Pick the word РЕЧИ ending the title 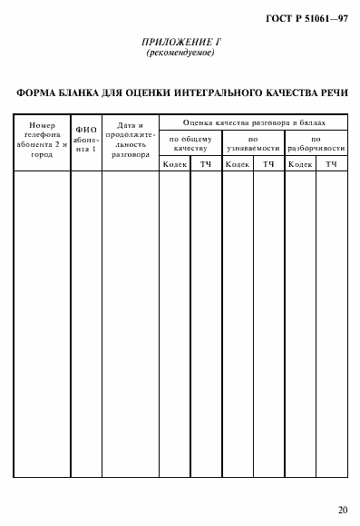(x=329, y=93)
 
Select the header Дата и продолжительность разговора (x=130, y=141)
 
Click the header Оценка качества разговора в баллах (x=253, y=122)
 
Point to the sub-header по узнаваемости (x=253, y=142)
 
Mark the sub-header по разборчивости (x=315, y=142)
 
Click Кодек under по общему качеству (x=175, y=164)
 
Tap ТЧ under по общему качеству (x=206, y=164)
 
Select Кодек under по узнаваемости (x=238, y=164)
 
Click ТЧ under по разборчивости (x=331, y=164)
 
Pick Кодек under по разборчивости (x=299, y=164)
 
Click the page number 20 (x=341, y=509)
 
